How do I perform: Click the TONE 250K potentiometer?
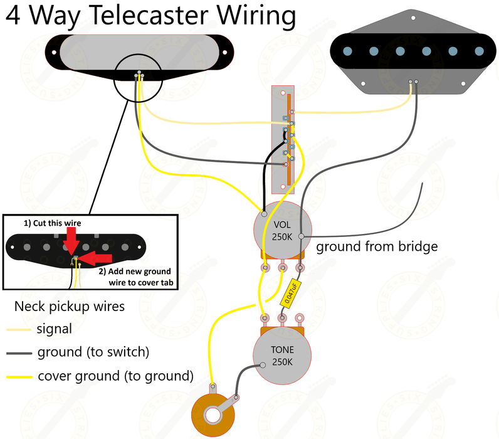(x=283, y=356)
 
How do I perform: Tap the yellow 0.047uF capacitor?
(x=292, y=293)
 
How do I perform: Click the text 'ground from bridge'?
(x=376, y=246)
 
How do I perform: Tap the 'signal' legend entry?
(x=54, y=329)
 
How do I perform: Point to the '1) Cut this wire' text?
(x=53, y=223)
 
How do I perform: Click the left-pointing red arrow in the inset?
(x=95, y=257)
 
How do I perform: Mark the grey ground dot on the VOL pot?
(x=302, y=236)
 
